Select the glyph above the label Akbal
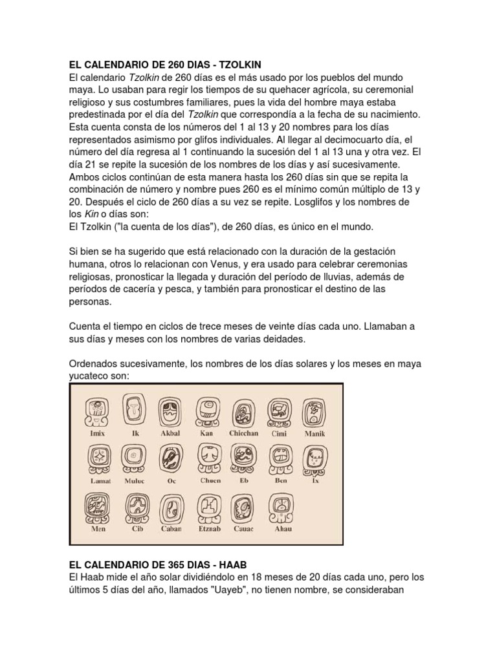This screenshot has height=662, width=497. [x=170, y=412]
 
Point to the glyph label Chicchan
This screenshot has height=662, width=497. [x=243, y=433]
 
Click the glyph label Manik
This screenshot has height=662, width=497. [x=316, y=433]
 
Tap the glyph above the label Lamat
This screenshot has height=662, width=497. [x=100, y=459]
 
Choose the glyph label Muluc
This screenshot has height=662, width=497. [x=135, y=481]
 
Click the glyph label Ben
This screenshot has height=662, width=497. [x=280, y=481]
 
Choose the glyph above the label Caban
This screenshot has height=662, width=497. [x=171, y=508]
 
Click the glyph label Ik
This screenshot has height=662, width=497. [x=135, y=433]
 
